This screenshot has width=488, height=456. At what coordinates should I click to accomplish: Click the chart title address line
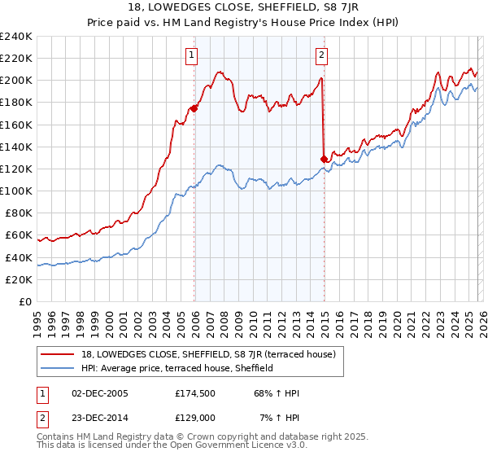pos(243,9)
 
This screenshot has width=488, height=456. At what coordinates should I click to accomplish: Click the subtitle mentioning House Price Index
pos(243,24)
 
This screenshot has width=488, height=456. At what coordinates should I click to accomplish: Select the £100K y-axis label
pos(16,191)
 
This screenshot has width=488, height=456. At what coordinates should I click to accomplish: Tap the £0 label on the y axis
pos(24,301)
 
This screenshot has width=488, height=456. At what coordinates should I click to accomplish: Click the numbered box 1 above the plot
pos(192,55)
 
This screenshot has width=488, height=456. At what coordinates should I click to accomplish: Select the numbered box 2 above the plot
pos(322,55)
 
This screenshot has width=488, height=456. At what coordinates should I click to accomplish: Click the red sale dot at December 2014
pos(325,159)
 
